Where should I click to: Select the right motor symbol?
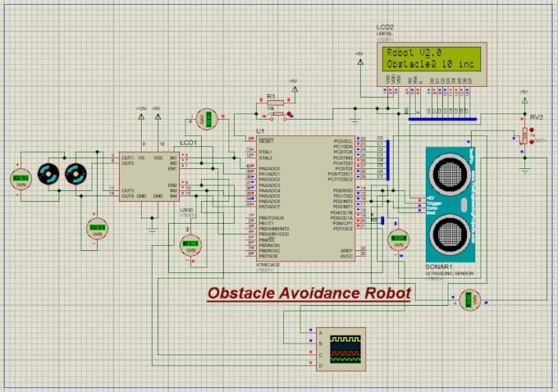point(75,174)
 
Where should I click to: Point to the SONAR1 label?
point(441,267)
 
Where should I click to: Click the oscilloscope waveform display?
point(345,349)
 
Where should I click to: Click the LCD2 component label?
point(386,27)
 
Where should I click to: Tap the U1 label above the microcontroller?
point(261,131)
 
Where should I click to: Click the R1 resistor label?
point(271,97)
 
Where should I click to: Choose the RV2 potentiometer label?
point(536,116)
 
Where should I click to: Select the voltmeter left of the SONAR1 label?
point(398,242)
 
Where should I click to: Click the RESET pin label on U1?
point(265,140)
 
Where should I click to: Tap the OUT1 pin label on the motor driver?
point(127,157)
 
